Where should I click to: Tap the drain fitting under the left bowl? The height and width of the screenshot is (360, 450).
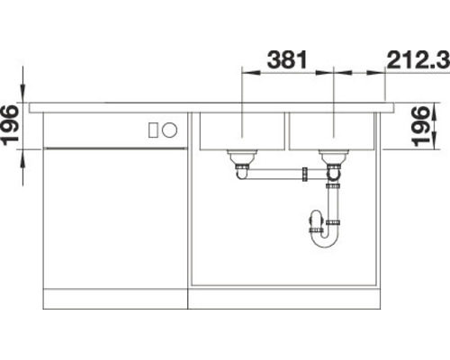pyautogui.click(x=240, y=162)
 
